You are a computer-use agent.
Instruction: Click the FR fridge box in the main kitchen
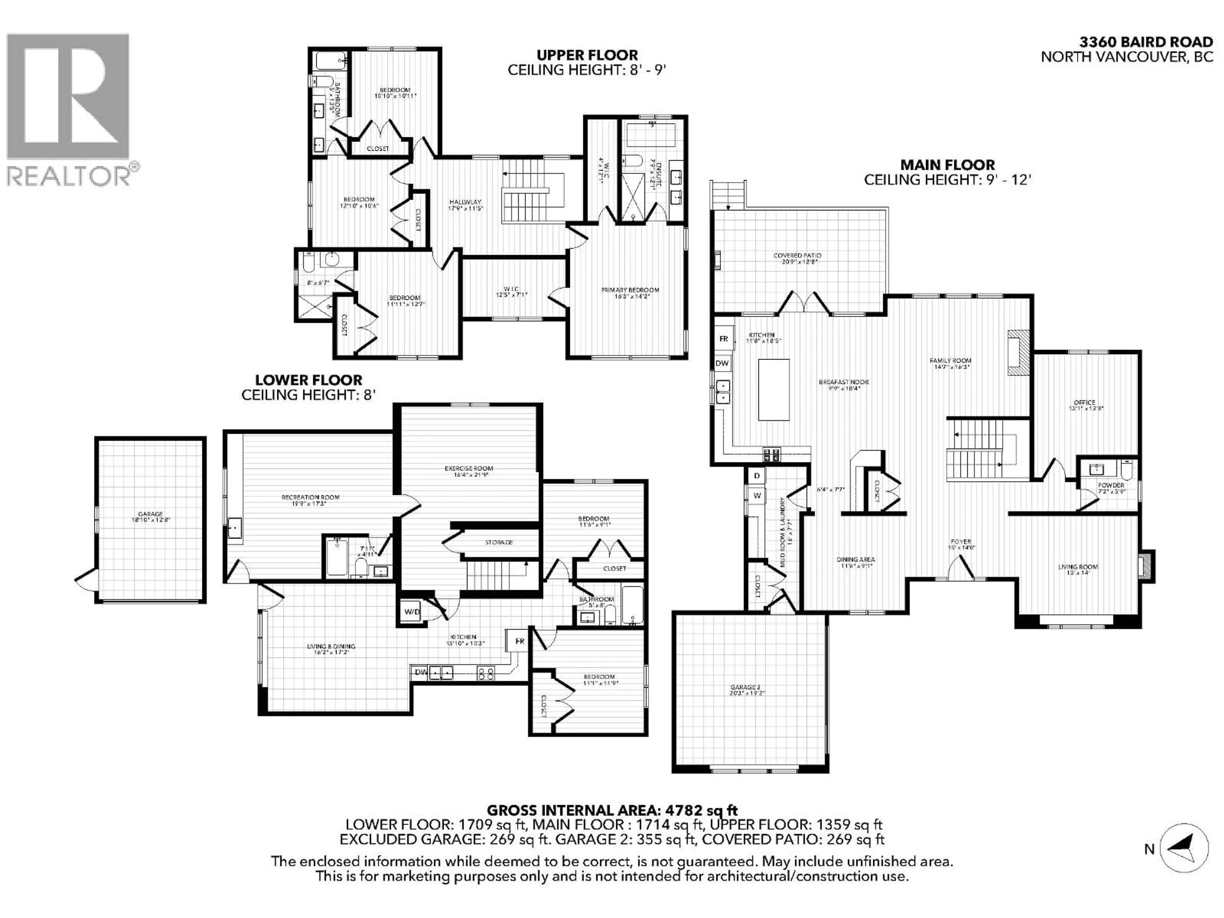723,339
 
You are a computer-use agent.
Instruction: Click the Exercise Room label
468,469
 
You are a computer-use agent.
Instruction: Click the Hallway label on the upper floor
465,202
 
